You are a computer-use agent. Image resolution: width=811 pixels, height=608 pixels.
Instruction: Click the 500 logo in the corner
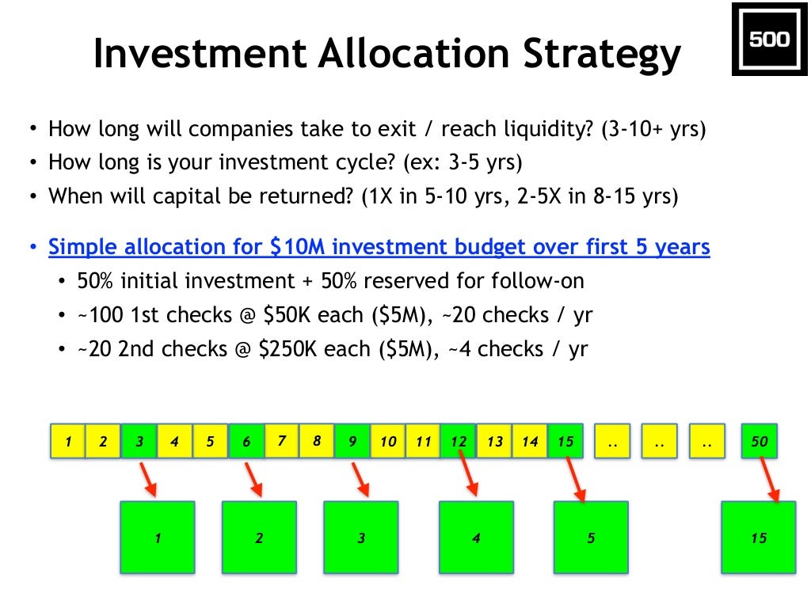768,40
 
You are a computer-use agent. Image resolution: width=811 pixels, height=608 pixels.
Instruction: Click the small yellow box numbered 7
281,441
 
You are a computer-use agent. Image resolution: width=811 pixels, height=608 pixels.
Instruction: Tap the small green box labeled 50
760,442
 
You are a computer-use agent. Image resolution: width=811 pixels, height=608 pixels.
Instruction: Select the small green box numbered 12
459,442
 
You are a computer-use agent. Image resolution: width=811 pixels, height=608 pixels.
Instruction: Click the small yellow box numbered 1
68,442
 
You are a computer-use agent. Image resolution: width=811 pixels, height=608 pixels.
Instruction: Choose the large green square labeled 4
476,538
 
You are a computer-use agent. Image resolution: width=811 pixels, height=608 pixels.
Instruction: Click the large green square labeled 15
759,538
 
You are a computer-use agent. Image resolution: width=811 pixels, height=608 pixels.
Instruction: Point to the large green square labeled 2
259,538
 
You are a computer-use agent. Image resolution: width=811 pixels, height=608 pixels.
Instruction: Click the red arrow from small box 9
360,480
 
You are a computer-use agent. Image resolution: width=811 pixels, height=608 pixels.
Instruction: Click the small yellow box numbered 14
529,442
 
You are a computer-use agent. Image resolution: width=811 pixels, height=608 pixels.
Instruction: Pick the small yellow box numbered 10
388,442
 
